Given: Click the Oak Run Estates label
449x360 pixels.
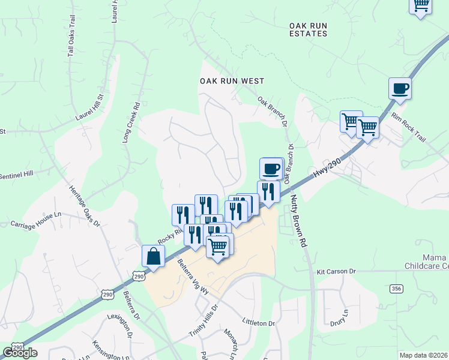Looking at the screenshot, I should [x=308, y=29].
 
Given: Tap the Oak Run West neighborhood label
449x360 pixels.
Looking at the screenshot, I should [x=232, y=80].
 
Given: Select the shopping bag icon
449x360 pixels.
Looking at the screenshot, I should [x=154, y=256].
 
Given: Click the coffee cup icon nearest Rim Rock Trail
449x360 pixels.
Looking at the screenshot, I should [x=400, y=90].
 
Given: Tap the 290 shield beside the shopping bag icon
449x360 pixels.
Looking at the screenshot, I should [x=139, y=276].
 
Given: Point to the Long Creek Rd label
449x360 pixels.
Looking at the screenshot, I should [x=131, y=122].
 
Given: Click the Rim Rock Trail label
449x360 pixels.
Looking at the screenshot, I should [x=408, y=127].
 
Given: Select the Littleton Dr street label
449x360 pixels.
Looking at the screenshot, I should [x=258, y=323].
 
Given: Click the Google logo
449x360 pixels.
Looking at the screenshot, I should [x=20, y=352].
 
